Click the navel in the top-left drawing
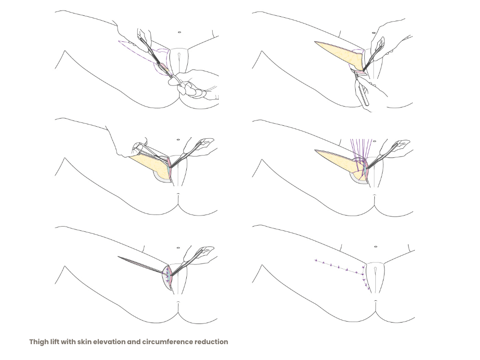click(x=179, y=32)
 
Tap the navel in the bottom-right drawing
click(x=375, y=246)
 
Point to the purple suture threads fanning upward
click(x=361, y=153)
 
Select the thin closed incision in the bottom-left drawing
click(x=141, y=264)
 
